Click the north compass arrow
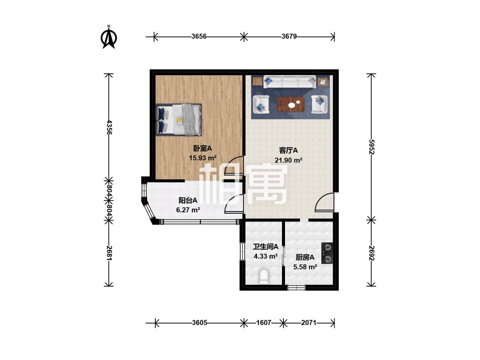coord(109,38)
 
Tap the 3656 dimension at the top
coord(199,36)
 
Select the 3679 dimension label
coord(289,36)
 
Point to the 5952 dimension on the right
coord(371,147)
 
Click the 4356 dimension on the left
coord(109,128)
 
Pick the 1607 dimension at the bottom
coord(264,322)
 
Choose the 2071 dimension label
coord(308,322)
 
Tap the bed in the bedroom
coord(178,120)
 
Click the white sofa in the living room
coord(290,82)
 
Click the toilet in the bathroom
coord(264,276)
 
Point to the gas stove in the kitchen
coord(327,253)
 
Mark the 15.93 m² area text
coord(203,158)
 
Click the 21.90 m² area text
coord(289,160)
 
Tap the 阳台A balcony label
coord(188,200)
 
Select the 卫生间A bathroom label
coord(265,247)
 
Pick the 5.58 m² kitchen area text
coord(305,267)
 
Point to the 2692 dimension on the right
coord(371,253)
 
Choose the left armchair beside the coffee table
coord(261,104)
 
